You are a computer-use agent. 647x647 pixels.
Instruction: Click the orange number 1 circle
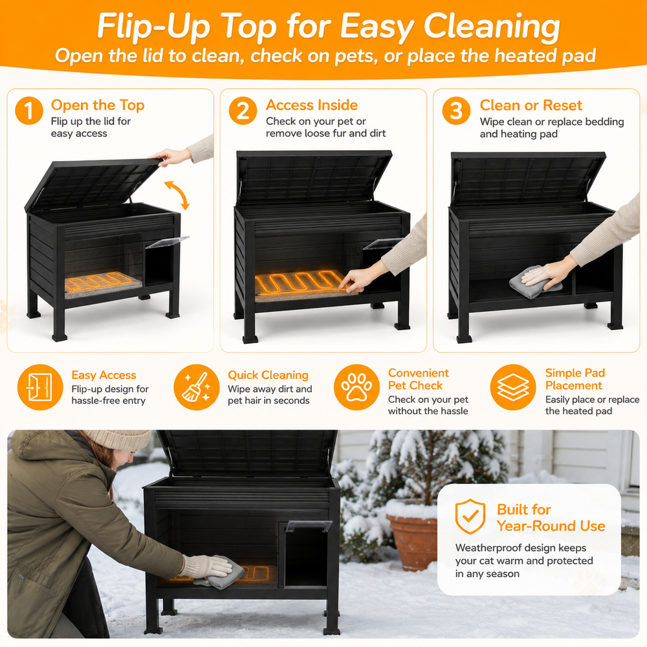29,111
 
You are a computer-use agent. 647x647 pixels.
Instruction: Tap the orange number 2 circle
243,111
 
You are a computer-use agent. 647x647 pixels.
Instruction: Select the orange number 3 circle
456,111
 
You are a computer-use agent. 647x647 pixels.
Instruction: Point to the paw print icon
356,387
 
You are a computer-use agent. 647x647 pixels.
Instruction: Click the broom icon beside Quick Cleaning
197,387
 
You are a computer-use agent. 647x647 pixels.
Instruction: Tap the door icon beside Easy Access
40,387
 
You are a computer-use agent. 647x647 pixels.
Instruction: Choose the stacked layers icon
513,387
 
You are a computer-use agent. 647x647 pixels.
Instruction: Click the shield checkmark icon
470,516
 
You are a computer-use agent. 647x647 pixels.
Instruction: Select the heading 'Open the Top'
98,105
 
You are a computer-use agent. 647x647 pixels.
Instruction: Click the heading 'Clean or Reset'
531,105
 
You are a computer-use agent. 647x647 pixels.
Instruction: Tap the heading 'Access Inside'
312,105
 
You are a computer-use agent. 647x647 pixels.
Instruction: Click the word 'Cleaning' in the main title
492,26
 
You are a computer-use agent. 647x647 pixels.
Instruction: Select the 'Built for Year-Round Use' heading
551,518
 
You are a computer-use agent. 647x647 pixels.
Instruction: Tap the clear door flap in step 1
167,242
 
